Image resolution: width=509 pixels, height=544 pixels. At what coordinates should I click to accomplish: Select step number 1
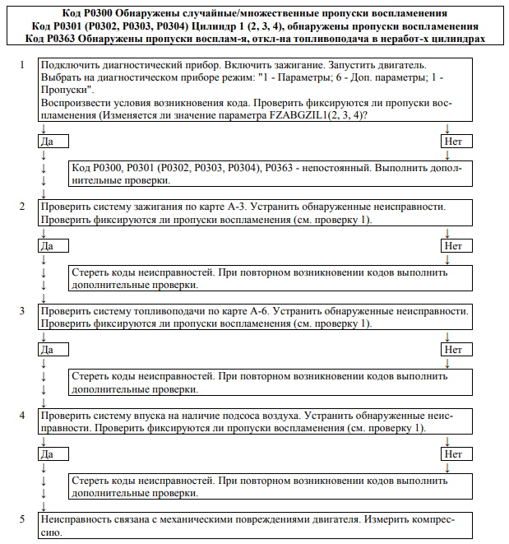click(x=23, y=64)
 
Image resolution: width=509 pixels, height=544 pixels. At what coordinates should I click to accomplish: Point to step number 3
click(x=23, y=311)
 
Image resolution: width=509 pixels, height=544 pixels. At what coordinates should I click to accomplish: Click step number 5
click(x=23, y=520)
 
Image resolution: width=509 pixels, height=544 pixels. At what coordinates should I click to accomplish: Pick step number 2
click(x=23, y=207)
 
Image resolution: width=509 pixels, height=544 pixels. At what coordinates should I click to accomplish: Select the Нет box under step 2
click(x=453, y=245)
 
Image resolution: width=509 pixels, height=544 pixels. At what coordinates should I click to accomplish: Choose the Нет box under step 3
click(x=453, y=350)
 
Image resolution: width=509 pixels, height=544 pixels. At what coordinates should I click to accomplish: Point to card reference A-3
click(x=247, y=207)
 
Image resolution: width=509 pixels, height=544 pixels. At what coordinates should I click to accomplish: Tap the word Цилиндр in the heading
click(x=215, y=26)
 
